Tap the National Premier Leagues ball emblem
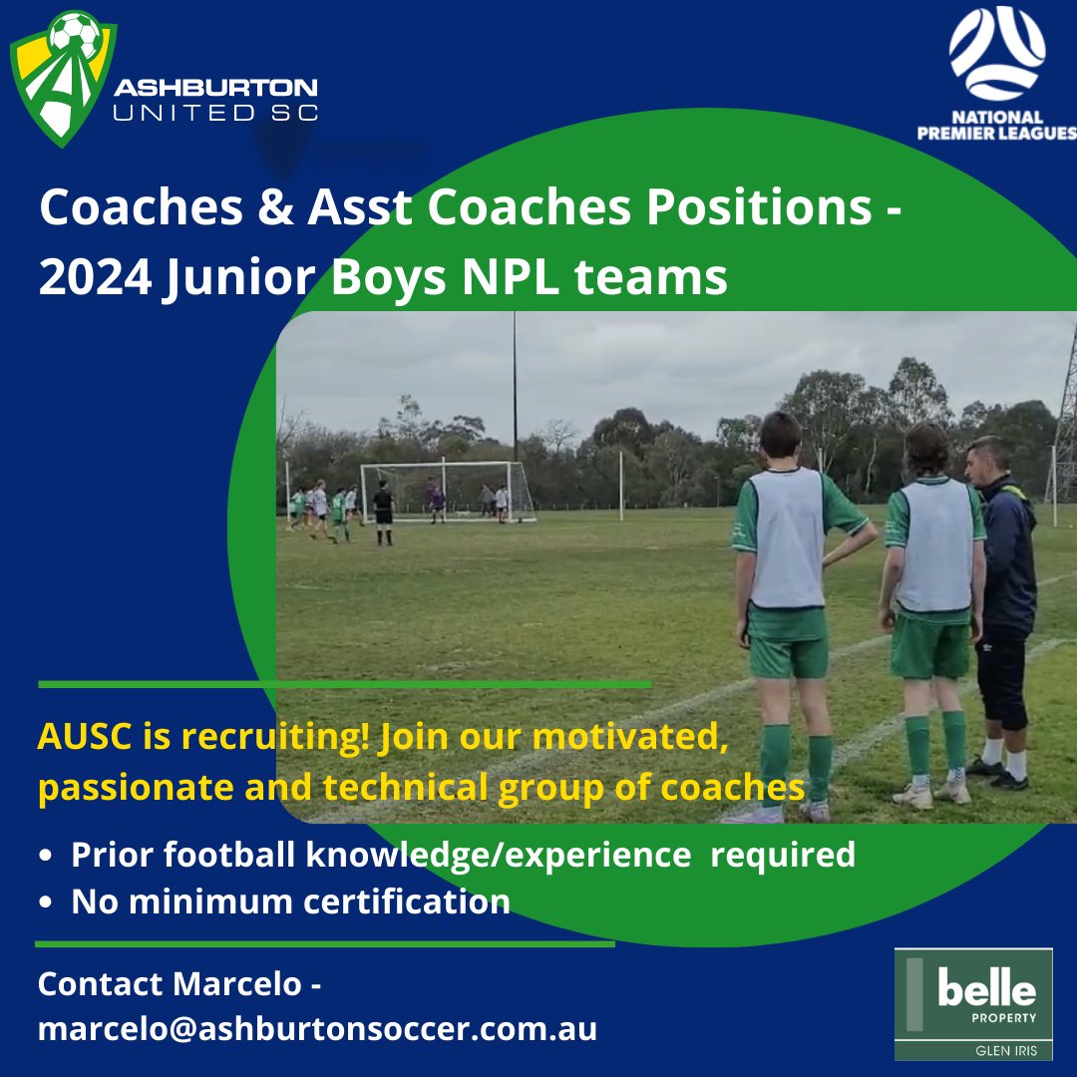tap(997, 53)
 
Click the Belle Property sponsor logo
tap(973, 1003)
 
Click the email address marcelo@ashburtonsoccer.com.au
tap(317, 1028)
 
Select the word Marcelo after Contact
tap(236, 984)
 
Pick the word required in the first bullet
tap(782, 855)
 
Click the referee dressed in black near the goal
tap(383, 511)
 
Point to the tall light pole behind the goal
tap(515, 389)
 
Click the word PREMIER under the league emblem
tap(965, 135)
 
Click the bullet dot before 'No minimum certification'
tap(46, 902)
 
